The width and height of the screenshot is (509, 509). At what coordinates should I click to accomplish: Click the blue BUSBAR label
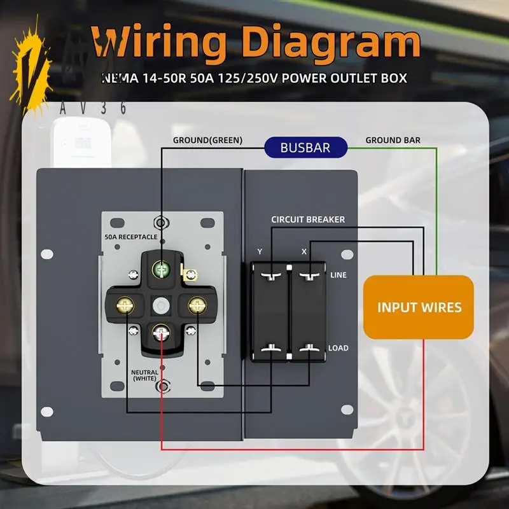click(305, 148)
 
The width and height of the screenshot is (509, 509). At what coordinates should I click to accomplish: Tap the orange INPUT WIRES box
click(419, 307)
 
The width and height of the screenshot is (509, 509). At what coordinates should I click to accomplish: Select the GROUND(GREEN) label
click(208, 140)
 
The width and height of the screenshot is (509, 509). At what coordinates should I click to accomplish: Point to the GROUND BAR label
click(393, 140)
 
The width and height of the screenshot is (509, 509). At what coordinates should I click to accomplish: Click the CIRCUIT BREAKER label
click(308, 220)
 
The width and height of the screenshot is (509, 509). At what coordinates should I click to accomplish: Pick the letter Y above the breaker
click(260, 251)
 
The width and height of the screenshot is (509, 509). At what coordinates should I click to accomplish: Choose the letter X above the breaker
click(303, 251)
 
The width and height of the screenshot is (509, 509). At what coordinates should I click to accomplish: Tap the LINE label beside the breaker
click(338, 275)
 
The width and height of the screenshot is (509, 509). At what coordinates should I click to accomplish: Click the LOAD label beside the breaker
click(338, 348)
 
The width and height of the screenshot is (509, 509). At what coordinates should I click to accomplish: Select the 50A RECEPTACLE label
click(131, 237)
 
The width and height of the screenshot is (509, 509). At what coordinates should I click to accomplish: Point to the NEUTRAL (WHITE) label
click(144, 375)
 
